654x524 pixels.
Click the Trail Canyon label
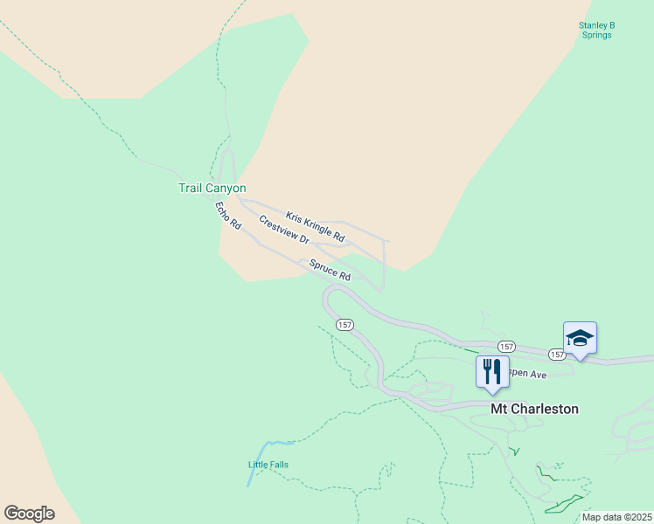pos(212,188)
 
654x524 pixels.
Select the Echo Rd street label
pos(228,216)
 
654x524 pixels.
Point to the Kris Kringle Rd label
pos(315,226)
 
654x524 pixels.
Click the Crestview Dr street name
pos(284,229)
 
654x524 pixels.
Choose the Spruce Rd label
pos(329,270)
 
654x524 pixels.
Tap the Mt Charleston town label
pos(534,409)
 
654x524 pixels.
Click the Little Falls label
pos(268,465)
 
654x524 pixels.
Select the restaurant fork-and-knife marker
pos(492,370)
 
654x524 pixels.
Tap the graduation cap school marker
pos(580,337)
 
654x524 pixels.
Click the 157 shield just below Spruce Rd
pos(344,324)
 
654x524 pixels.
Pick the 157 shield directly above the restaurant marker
pos(507,347)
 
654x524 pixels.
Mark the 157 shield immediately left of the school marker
pos(557,354)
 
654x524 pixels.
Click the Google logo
pos(29,514)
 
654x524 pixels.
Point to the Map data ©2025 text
pos(616,516)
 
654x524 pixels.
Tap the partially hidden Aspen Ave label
pos(528,375)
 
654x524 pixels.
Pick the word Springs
pos(598,35)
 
